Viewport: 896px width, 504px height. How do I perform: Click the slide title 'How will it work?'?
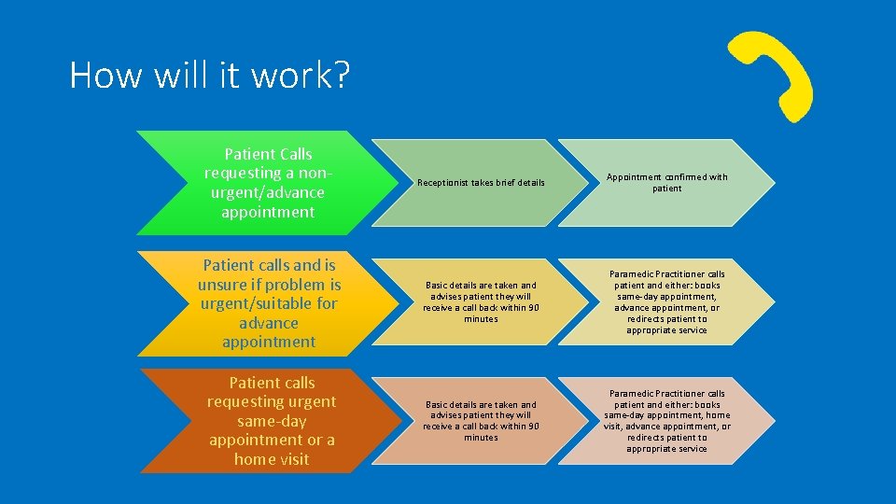[209, 76]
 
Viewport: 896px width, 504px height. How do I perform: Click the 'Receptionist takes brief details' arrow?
[481, 183]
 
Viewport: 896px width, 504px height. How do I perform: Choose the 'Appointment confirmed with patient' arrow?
[666, 183]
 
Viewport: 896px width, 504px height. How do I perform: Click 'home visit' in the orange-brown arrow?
[271, 459]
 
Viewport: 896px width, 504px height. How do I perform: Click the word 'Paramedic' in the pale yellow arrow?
[632, 274]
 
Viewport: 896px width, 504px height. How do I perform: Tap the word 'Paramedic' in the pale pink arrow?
[632, 394]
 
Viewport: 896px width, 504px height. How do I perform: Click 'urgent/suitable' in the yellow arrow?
[252, 303]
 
